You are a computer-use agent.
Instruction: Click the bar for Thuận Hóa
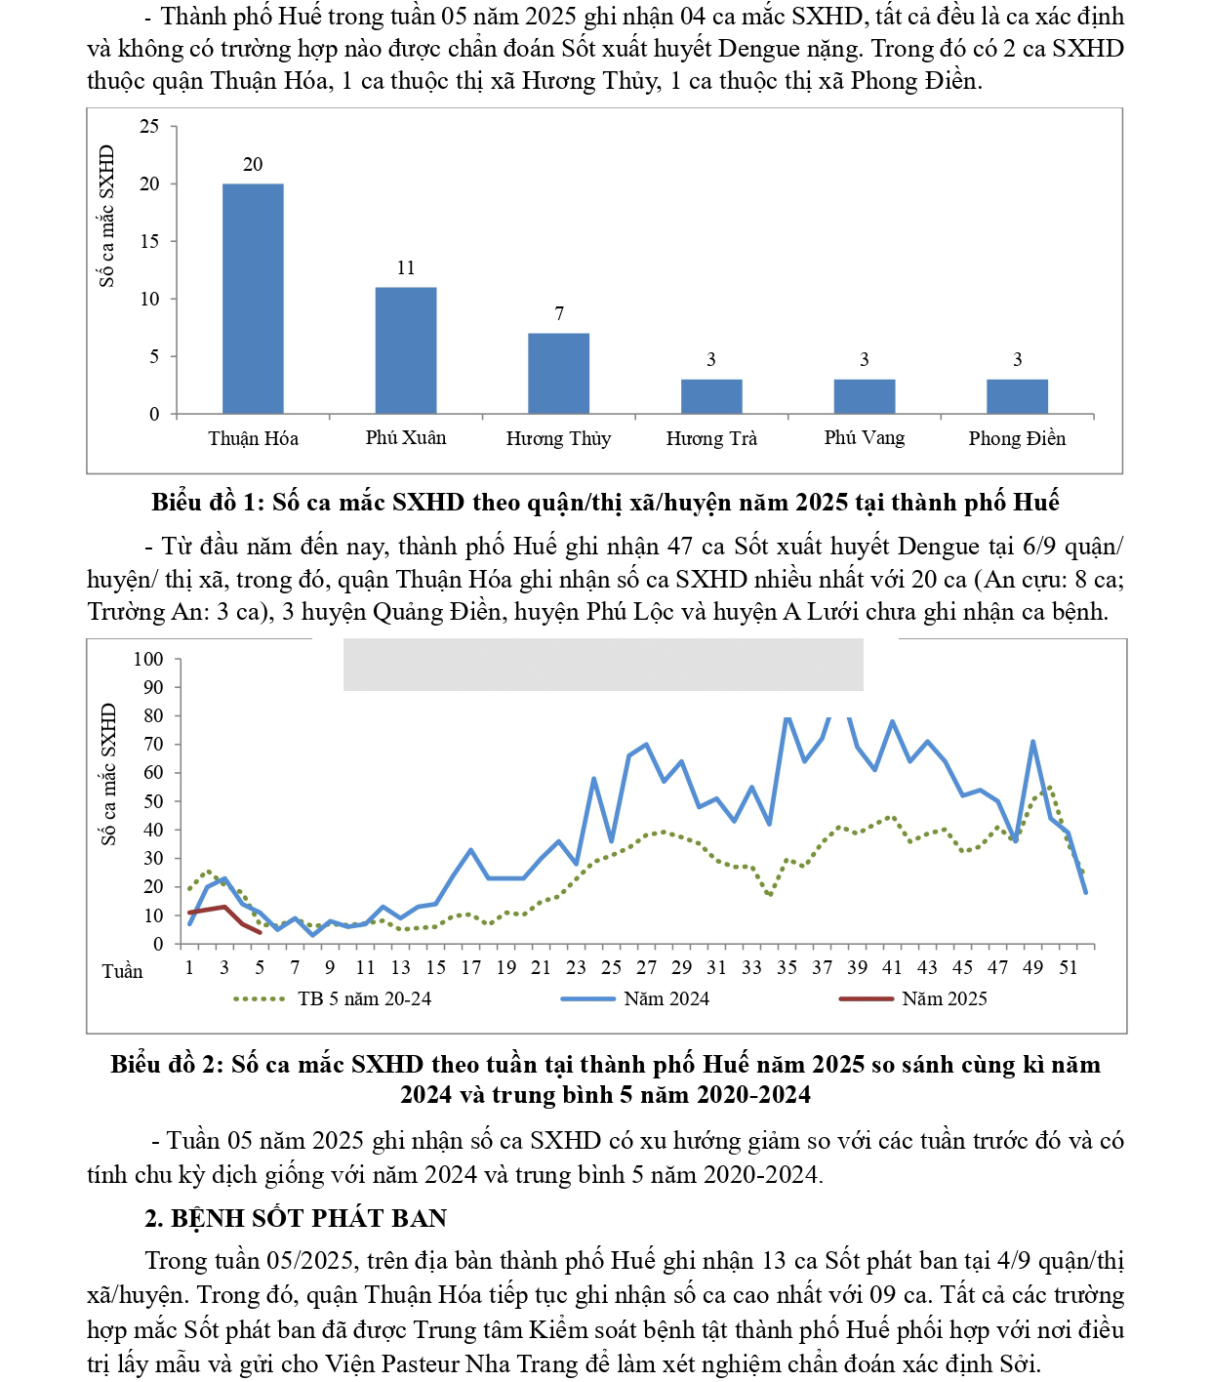[253, 298]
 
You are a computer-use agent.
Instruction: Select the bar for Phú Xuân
[406, 349]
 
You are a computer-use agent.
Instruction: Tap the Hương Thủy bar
[558, 373]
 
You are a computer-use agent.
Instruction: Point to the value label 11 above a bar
[406, 268]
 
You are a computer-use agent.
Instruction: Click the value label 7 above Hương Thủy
[559, 313]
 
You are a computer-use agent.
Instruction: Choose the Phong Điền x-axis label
[1017, 438]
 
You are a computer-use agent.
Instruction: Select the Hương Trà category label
[711, 438]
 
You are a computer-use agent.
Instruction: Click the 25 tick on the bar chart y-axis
[149, 126]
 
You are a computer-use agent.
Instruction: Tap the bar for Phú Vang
[864, 396]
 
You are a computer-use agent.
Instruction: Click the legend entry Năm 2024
[666, 998]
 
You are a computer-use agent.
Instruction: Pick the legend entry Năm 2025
[944, 998]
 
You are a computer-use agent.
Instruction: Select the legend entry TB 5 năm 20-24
[364, 998]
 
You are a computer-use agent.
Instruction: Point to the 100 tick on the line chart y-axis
[148, 659]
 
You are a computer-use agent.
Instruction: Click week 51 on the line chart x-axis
[1069, 967]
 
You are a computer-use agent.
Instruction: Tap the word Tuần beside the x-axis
[122, 971]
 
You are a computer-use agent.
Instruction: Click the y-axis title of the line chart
[108, 774]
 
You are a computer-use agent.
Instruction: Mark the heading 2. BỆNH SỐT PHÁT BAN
[296, 1218]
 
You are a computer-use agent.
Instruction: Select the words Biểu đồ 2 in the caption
[166, 1064]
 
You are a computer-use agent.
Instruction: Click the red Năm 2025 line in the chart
[224, 908]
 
